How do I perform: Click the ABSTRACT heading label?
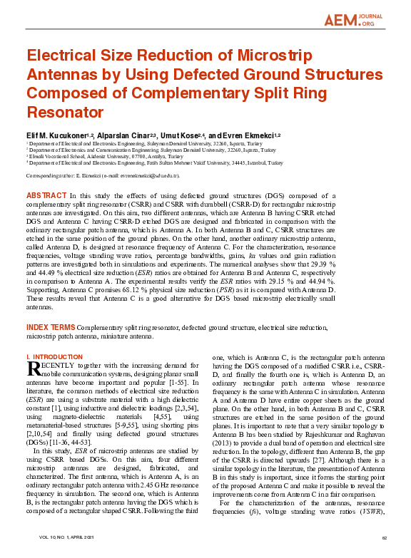pos(46,195)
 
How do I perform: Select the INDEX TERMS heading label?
pos(50,327)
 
